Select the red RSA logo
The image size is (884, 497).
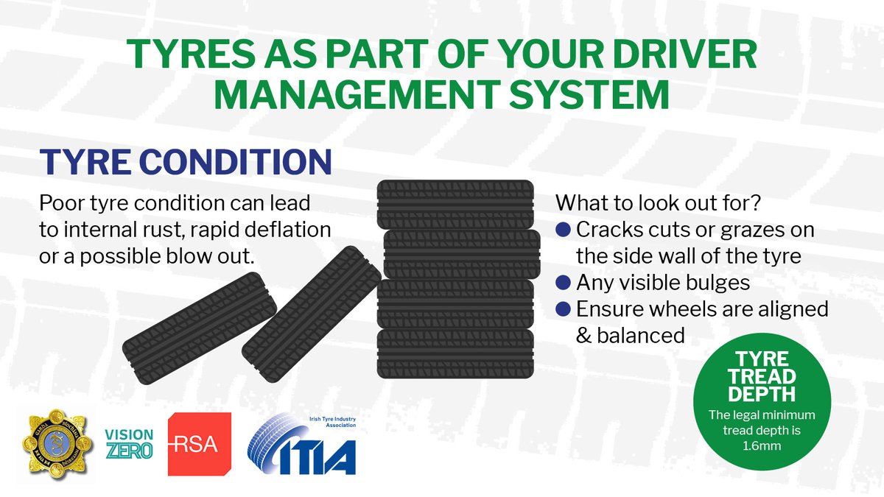(200, 444)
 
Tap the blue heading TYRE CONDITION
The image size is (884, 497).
(184, 162)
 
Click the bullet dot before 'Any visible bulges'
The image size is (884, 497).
(565, 283)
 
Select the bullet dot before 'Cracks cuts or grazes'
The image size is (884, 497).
(565, 230)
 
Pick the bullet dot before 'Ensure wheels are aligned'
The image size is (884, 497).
(565, 309)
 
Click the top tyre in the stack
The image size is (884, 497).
(455, 204)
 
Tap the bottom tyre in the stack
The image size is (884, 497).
(455, 353)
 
